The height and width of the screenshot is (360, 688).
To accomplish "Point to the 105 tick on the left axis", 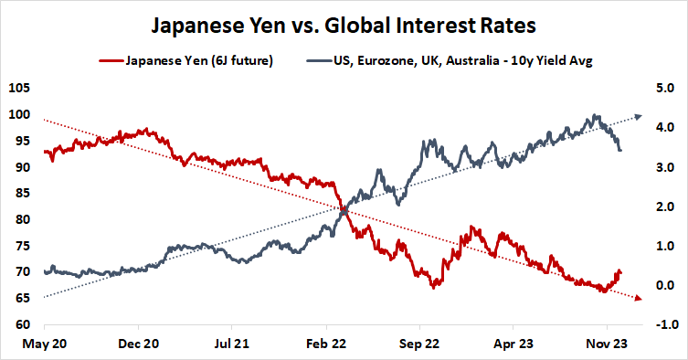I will pos(19,89).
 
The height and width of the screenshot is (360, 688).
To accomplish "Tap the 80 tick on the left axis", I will pos(22,220).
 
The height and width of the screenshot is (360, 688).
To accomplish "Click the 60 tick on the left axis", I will pos(22,325).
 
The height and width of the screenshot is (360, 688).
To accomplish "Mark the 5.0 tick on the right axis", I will pos(664,89).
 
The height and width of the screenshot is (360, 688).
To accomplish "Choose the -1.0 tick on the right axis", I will pos(662,325).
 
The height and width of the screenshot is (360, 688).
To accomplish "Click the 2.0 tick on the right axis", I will pos(664,207).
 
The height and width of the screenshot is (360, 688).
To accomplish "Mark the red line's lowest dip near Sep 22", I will pos(435,287).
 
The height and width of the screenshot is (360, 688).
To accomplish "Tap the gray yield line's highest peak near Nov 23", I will pos(596,116).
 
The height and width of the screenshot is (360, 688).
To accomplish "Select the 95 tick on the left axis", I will pos(22,141).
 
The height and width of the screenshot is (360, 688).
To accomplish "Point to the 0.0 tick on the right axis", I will pos(664,286).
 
